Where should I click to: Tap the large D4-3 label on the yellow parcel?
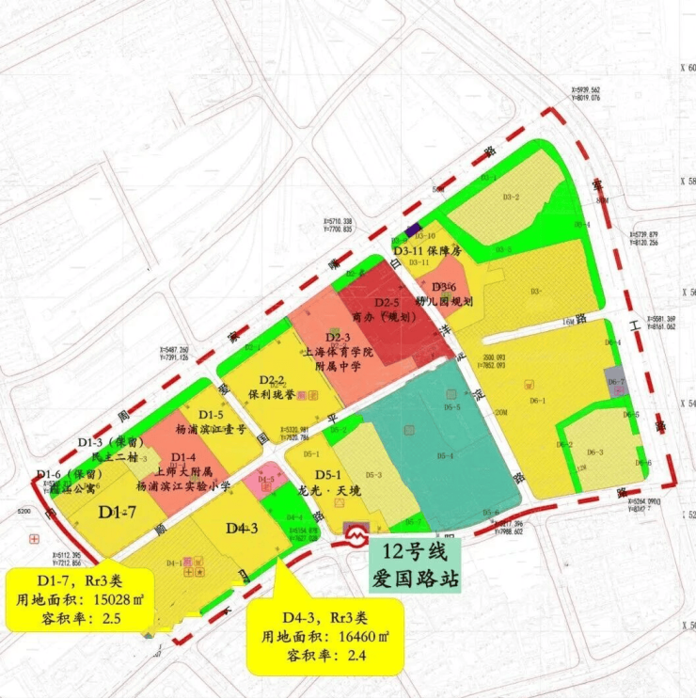(242, 529)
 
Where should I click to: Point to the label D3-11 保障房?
(430, 251)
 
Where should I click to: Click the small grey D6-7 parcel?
(616, 382)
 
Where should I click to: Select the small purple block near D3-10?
(410, 228)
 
